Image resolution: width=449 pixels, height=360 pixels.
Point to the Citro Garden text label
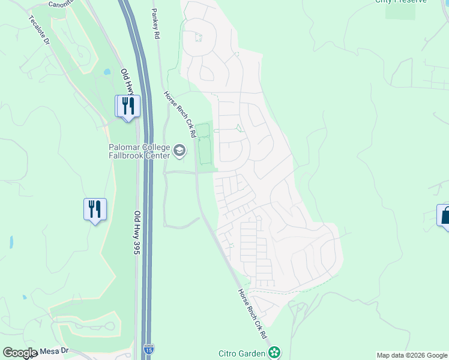(x=241, y=353)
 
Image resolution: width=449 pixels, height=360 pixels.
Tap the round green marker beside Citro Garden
(x=274, y=352)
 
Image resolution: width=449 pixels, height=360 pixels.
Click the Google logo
(x=20, y=353)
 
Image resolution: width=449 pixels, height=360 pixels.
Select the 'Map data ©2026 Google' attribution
(x=412, y=355)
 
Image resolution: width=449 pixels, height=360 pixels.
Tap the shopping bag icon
(x=445, y=215)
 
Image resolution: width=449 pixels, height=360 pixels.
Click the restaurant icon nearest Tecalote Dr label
(x=128, y=106)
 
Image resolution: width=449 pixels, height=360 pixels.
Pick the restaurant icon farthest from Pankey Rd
(x=95, y=209)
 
